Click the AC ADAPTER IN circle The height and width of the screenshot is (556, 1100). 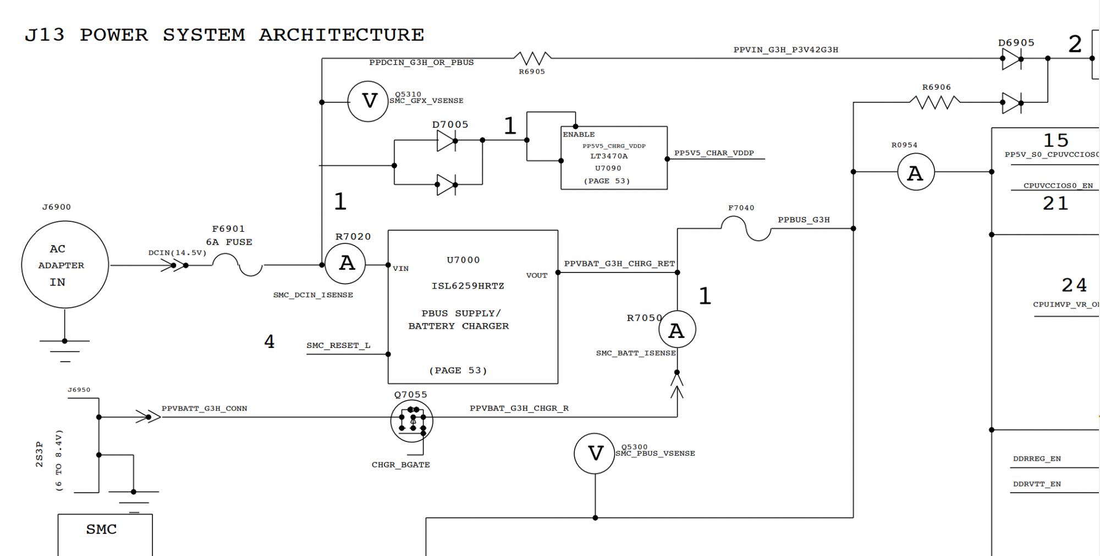click(x=65, y=265)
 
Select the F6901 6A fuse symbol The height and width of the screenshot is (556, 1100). click(x=238, y=265)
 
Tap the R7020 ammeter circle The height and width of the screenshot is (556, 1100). click(x=345, y=264)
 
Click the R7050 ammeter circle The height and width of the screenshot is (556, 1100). click(x=676, y=330)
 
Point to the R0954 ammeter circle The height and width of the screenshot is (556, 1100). click(x=916, y=172)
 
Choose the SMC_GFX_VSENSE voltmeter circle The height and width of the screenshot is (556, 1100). click(x=368, y=101)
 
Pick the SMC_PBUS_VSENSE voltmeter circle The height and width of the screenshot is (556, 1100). click(x=595, y=454)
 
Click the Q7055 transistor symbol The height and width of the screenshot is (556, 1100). click(x=411, y=421)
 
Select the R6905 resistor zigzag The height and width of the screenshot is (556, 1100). click(x=532, y=58)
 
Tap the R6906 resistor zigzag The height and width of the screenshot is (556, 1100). click(x=935, y=102)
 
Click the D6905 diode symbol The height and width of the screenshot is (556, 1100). click(x=1011, y=58)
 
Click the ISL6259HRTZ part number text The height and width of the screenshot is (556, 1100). click(x=468, y=286)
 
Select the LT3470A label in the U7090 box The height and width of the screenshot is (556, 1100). click(x=609, y=156)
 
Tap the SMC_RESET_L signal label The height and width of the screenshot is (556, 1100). click(x=338, y=346)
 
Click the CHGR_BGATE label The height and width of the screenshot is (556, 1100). click(x=400, y=465)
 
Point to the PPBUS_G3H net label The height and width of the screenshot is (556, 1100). click(x=804, y=220)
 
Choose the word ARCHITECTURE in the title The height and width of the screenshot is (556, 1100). click(x=342, y=35)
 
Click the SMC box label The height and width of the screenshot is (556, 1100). click(x=102, y=530)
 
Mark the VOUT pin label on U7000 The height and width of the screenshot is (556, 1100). click(x=536, y=276)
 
